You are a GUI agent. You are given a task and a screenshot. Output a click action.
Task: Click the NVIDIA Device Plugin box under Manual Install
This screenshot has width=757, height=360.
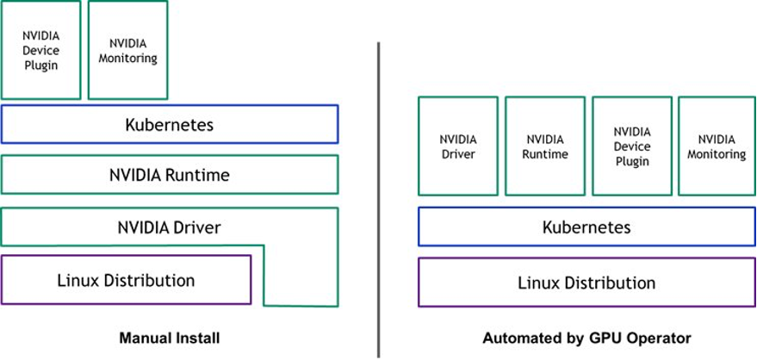40,50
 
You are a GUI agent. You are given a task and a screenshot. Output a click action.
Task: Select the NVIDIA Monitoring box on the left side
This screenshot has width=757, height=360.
127,50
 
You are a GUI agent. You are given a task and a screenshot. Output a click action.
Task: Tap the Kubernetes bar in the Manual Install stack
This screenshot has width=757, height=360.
170,124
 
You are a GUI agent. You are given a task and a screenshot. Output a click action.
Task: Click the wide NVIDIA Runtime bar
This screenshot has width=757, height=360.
170,175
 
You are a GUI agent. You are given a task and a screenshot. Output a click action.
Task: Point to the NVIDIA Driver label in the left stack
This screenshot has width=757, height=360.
170,228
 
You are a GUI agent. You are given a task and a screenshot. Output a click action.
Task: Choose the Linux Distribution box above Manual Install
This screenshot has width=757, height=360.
126,280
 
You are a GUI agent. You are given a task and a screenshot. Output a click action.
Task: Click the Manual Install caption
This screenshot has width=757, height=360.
169,338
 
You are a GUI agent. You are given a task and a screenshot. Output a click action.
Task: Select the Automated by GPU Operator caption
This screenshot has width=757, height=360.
586,338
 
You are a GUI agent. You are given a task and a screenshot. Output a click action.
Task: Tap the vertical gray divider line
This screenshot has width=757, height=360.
378,198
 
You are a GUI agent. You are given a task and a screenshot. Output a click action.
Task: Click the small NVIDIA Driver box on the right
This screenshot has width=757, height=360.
457,146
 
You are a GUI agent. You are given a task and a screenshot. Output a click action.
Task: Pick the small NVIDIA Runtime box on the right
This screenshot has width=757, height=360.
544,146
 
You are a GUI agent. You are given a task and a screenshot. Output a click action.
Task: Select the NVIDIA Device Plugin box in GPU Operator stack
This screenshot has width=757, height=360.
631,146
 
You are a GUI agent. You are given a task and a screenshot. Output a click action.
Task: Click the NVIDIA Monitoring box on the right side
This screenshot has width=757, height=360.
716,146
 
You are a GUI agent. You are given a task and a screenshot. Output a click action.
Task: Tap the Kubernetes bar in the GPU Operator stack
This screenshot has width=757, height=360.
586,227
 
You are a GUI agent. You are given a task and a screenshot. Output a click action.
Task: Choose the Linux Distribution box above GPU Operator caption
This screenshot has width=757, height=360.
586,282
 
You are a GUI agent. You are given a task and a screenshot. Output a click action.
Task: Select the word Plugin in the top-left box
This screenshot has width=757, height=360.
40,65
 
